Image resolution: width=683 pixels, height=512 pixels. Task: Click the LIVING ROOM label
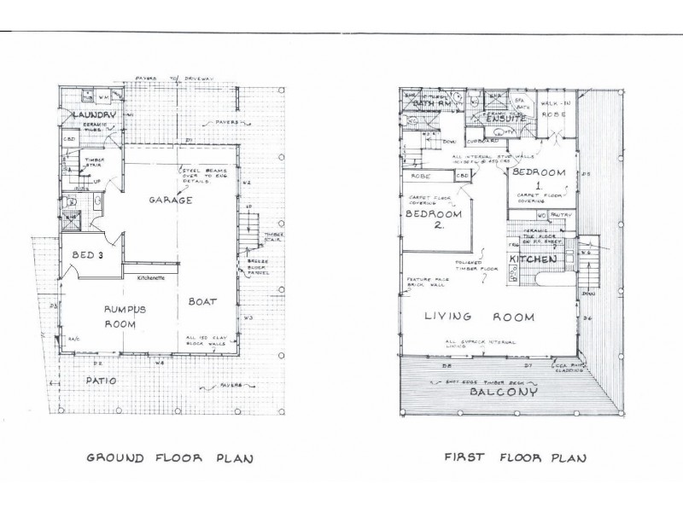click(x=481, y=317)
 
